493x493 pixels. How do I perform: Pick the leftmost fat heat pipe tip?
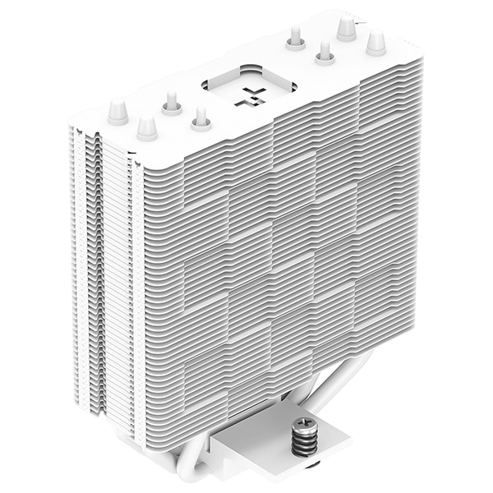(x=117, y=112)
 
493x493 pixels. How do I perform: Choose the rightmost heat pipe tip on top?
(x=376, y=42)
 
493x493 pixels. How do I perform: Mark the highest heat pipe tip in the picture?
(x=346, y=28)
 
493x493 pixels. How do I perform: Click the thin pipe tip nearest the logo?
(x=200, y=122)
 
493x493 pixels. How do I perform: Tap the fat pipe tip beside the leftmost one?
(x=147, y=127)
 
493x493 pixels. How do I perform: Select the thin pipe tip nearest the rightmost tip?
(x=324, y=53)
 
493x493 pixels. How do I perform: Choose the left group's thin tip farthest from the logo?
(x=172, y=102)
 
